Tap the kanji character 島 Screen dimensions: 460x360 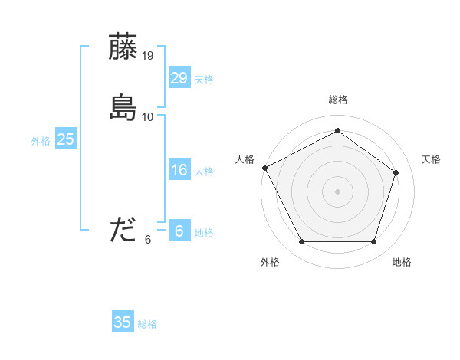[123, 108]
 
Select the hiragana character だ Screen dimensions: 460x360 [123, 230]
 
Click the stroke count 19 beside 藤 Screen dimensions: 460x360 [148, 55]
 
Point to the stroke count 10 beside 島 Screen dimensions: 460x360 [148, 117]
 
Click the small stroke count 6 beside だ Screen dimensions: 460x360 [148, 240]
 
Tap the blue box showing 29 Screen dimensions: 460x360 [179, 78]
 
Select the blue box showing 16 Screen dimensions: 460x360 [179, 171]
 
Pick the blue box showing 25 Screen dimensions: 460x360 [65, 139]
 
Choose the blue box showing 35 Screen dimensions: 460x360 [123, 322]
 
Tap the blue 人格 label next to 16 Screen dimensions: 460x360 [204, 172]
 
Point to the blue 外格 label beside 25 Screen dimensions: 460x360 [41, 141]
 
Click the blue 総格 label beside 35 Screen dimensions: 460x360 [148, 324]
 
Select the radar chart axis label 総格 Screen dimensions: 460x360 [338, 100]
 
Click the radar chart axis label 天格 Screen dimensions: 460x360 [432, 159]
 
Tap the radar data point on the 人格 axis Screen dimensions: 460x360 [264, 168]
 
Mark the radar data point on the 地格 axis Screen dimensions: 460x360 [374, 242]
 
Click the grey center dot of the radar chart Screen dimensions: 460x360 [338, 191]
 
